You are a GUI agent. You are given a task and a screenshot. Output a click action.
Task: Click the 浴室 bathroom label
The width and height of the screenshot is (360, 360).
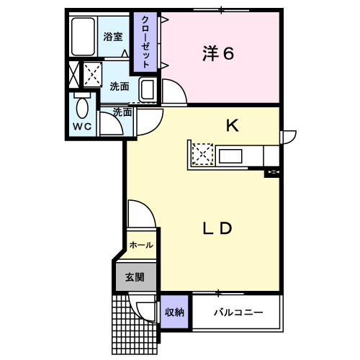tap(113, 37)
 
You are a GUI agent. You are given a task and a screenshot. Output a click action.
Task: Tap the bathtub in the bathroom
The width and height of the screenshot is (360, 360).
tap(83, 37)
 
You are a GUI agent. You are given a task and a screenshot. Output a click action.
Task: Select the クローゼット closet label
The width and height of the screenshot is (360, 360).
tap(145, 42)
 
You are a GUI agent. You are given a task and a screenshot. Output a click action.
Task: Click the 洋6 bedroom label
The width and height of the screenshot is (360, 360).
tap(218, 53)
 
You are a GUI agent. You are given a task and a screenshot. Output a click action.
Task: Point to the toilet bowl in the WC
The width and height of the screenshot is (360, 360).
tap(82, 108)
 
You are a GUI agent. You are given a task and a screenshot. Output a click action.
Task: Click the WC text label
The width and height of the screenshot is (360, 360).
tap(82, 127)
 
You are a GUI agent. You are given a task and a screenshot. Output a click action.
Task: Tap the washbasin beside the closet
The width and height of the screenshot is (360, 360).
tap(147, 90)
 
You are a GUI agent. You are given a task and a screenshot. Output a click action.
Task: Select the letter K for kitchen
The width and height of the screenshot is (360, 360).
tap(233, 125)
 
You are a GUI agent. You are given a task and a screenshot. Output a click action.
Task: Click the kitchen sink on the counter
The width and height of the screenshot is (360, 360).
tap(230, 156)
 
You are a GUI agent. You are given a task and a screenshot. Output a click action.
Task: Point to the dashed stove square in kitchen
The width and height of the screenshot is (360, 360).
tap(203, 154)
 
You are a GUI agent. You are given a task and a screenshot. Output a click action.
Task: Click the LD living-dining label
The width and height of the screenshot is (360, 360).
tap(217, 228)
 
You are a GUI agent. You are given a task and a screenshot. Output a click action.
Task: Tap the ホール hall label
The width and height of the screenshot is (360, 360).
tap(141, 245)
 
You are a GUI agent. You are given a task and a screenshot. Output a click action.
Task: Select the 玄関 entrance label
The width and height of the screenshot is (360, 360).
tap(135, 277)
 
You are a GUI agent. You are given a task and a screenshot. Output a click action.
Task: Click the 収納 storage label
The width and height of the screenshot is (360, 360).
tap(174, 312)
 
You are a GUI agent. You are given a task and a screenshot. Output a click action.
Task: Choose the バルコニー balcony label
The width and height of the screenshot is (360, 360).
tap(238, 312)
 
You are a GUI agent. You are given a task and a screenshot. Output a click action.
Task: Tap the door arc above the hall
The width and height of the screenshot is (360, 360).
tap(149, 208)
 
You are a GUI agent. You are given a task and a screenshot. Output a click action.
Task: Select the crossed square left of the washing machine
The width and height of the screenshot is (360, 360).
tap(74, 75)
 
